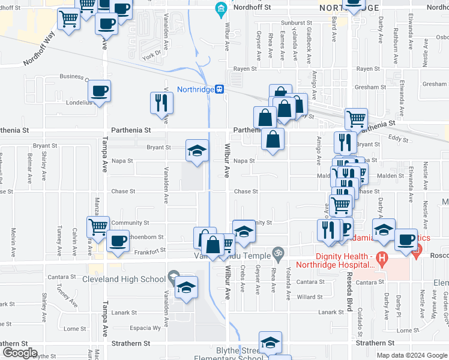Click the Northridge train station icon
[x=220, y=89]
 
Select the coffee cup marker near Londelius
[x=100, y=91]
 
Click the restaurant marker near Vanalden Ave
[x=161, y=103]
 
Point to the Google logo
[x=19, y=353]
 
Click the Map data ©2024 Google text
[x=412, y=355]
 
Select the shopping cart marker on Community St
[x=98, y=227]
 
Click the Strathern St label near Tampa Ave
[x=130, y=343]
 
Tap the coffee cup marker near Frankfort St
[x=118, y=241]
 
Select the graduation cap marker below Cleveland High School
[x=187, y=288]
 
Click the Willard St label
[x=310, y=297]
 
